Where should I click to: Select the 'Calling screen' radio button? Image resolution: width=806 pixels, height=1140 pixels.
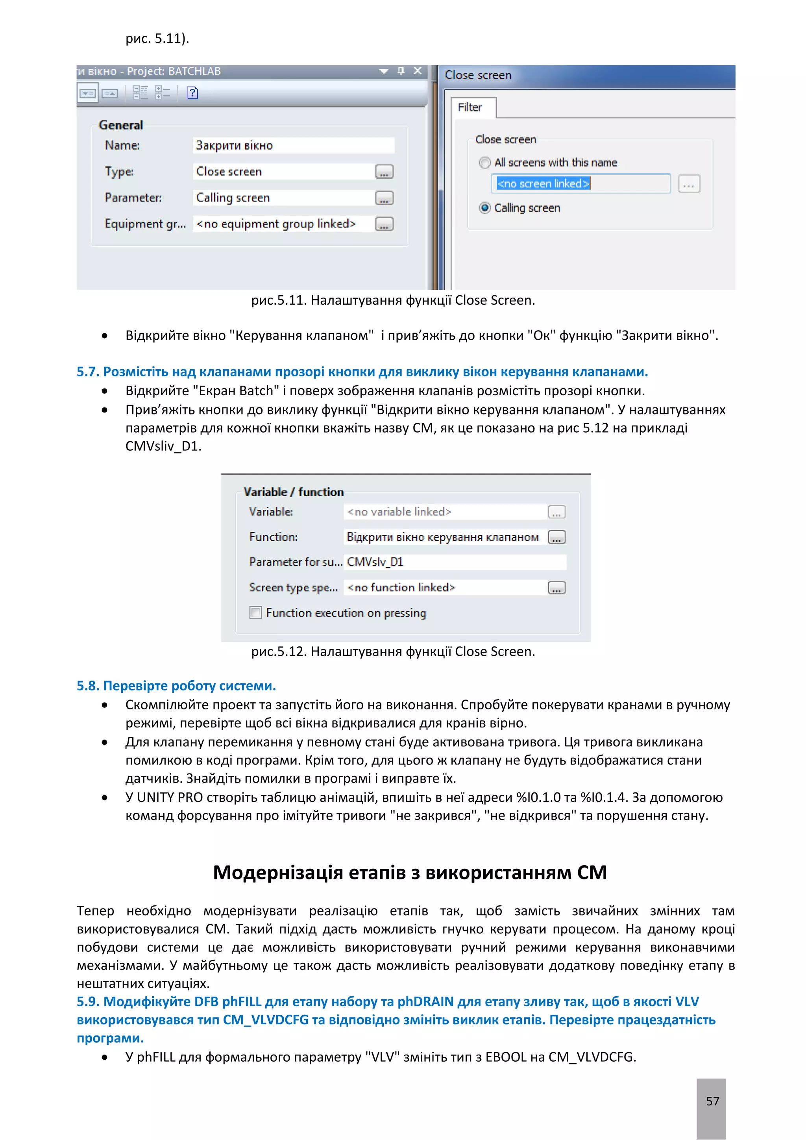[x=485, y=207]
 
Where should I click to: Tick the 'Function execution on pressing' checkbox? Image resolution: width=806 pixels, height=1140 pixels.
[x=255, y=612]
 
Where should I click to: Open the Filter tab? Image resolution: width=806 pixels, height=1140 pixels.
[x=470, y=107]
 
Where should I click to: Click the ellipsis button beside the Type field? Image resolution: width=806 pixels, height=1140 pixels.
[x=384, y=172]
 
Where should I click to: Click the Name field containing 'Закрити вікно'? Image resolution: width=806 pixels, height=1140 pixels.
[x=293, y=146]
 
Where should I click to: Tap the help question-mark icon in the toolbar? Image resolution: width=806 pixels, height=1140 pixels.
[x=192, y=93]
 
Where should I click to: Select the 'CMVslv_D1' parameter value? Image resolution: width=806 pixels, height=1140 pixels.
[x=375, y=562]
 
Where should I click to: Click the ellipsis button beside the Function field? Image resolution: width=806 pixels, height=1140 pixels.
[x=556, y=537]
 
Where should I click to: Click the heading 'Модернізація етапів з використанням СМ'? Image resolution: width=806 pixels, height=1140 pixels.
[x=410, y=872]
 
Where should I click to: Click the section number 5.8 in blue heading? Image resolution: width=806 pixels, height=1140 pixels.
[x=88, y=686]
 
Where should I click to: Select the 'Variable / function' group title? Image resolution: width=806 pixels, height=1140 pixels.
[x=293, y=492]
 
